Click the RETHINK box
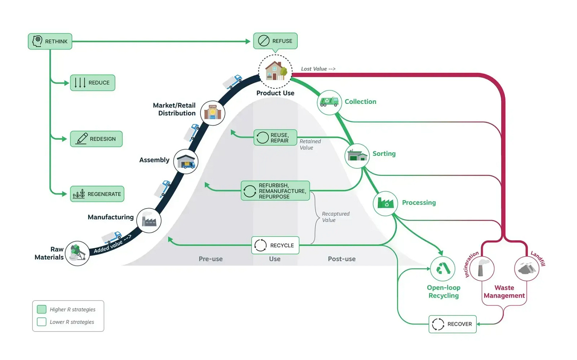pos(50,41)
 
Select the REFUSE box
pos(275,41)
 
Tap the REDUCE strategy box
pos(93,82)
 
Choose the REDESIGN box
pos(96,139)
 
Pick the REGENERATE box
pos(97,194)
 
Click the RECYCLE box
pos(275,245)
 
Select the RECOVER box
pos(453,324)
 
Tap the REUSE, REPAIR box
pos(275,138)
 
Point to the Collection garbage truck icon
pos(329,102)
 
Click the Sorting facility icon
pos(357,155)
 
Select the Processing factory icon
pos(385,203)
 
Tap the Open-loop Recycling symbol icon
pos(443,269)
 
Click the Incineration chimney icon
pos(482,268)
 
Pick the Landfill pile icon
pos(527,268)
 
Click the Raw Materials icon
pos(77,253)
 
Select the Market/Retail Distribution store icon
pos(212,113)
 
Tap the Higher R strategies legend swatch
pos(42,309)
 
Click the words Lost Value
pos(314,69)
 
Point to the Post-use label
pos(342,259)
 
